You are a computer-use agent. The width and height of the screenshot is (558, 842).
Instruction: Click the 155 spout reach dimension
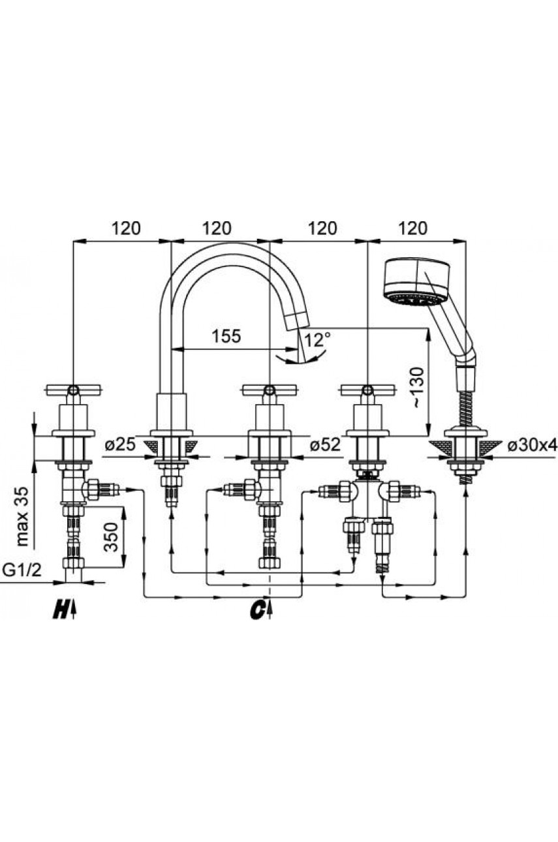point(226,336)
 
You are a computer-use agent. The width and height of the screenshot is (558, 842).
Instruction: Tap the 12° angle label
point(317,340)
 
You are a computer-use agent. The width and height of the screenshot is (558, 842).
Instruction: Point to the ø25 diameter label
point(120,445)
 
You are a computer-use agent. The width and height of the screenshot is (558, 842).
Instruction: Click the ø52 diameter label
point(325,445)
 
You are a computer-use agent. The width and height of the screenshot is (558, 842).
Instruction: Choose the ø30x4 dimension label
point(532,446)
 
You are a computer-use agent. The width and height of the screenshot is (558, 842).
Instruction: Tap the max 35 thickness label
point(22,516)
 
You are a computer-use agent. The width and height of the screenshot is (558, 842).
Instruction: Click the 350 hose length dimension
point(111,537)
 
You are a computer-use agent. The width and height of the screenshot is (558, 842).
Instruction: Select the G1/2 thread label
point(22,571)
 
